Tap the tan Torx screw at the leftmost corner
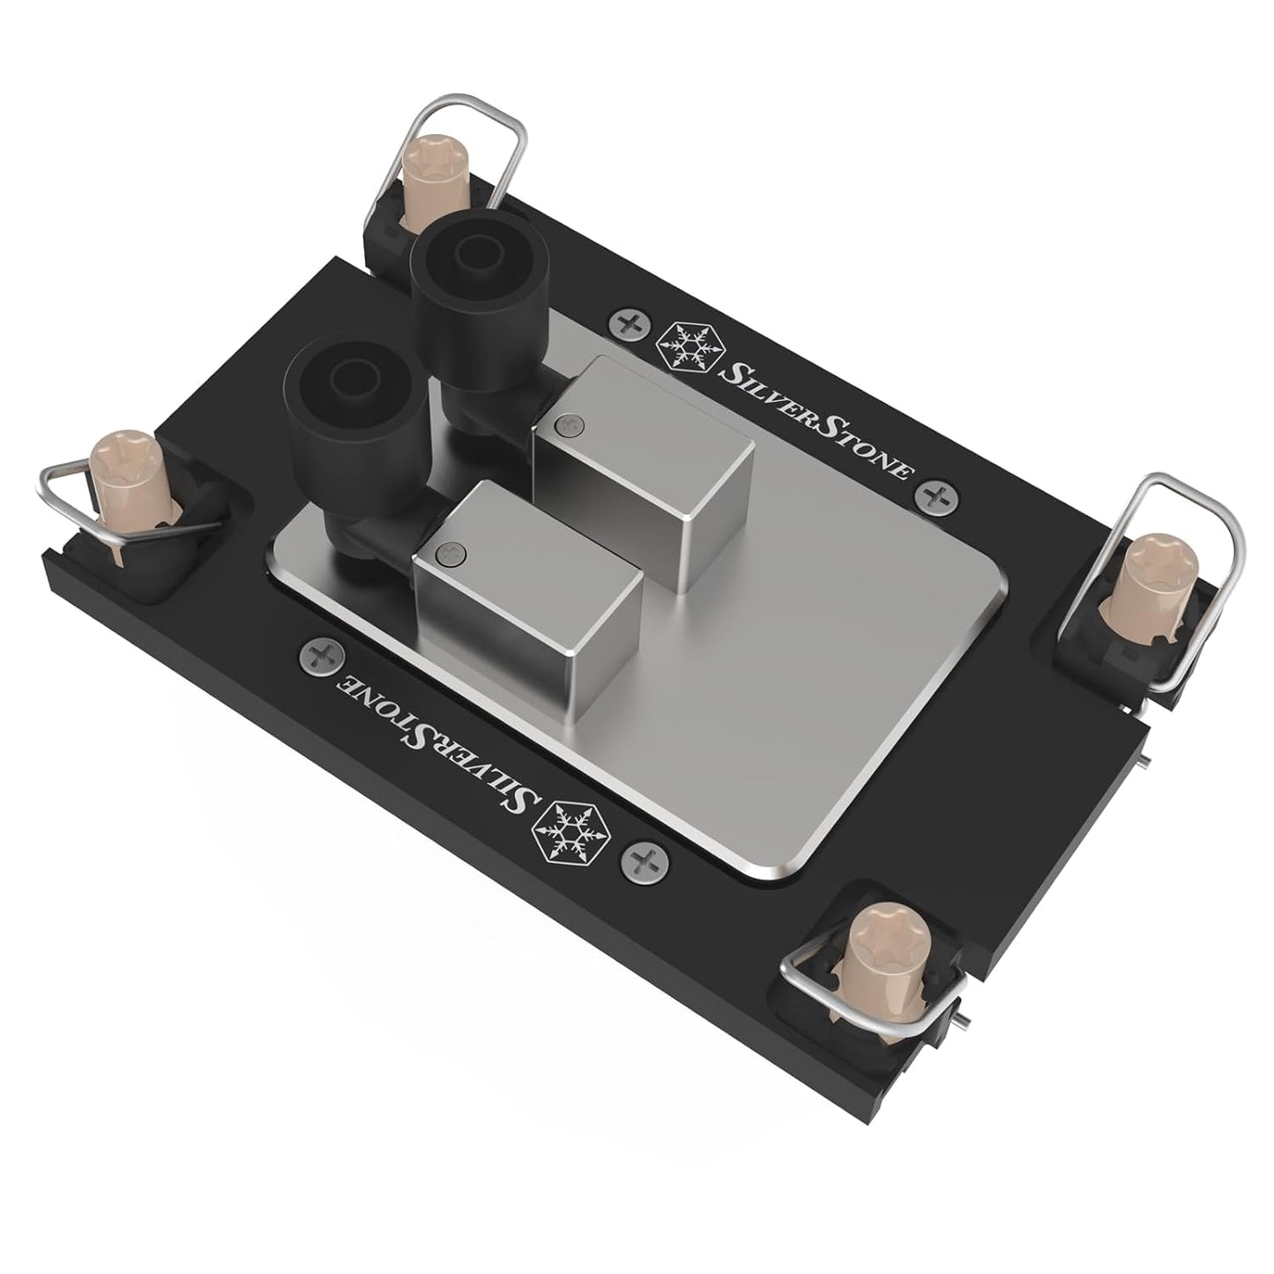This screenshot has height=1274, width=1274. (118, 456)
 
